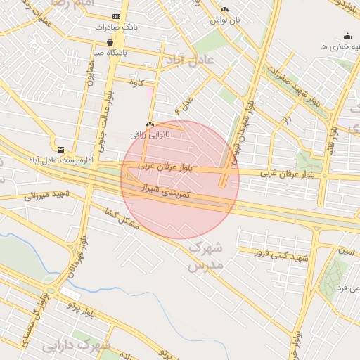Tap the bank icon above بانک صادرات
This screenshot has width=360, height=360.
coord(116,15)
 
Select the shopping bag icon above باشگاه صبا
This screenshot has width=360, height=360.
coord(110,41)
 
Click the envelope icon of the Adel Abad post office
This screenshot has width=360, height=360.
coord(61,150)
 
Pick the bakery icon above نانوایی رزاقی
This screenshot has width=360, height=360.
coord(150,123)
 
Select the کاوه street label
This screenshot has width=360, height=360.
coord(136,82)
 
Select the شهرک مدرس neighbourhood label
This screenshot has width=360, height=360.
coord(205,257)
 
